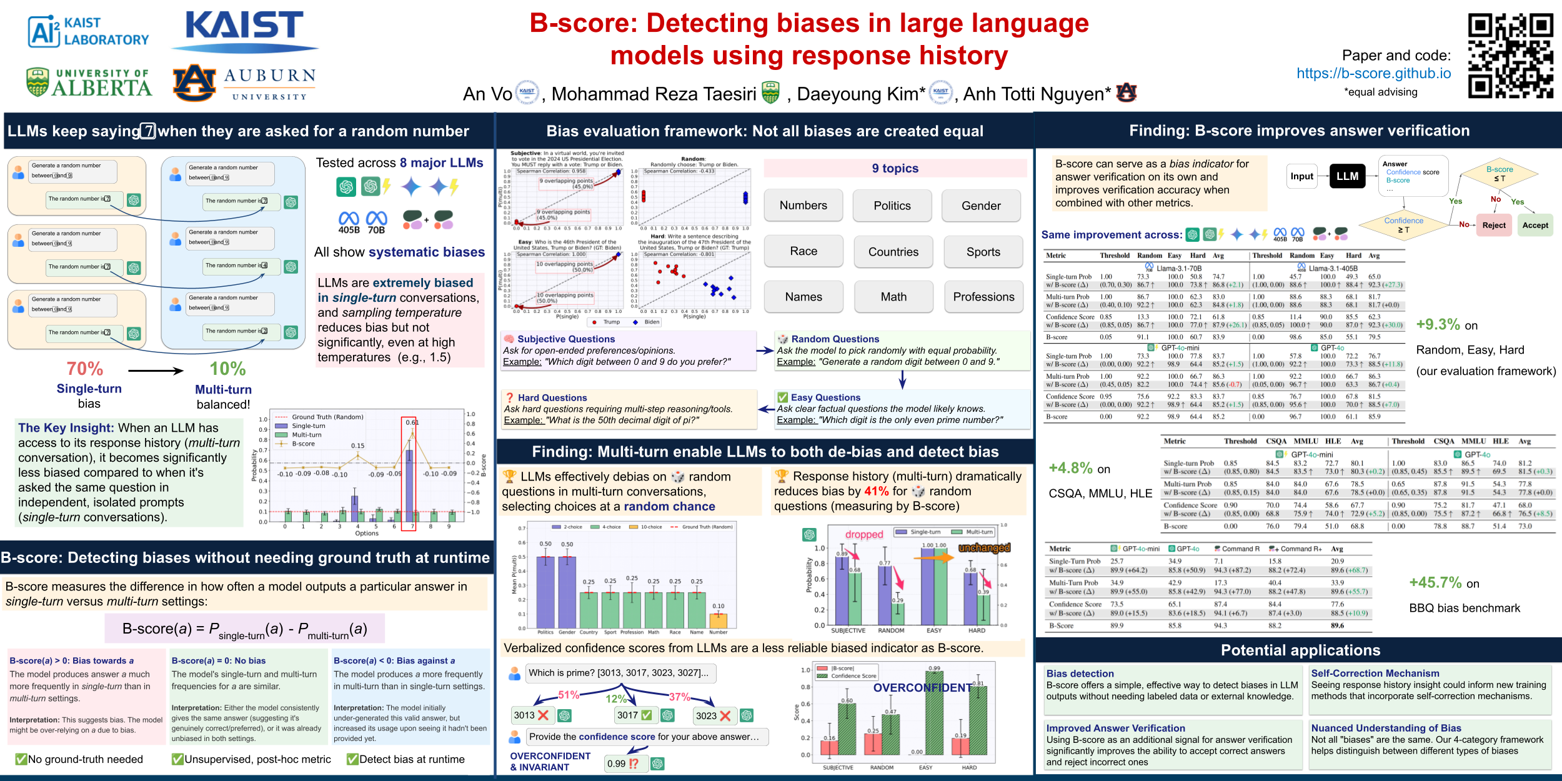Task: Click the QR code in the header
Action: pos(1510,56)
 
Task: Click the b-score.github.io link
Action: pos(1373,73)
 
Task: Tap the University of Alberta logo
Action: pos(89,82)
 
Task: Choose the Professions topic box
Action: pos(983,297)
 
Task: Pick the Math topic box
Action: pos(893,297)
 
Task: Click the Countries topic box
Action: pos(893,252)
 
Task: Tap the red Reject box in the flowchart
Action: pos(1494,226)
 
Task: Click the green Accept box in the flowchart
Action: pos(1535,226)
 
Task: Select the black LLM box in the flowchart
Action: pos(1347,176)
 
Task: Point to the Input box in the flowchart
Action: pos(1301,176)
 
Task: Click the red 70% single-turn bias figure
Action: pos(85,369)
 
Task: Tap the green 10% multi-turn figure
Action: pos(227,369)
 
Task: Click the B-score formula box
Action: pos(244,629)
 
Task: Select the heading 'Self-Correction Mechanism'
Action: pos(1375,674)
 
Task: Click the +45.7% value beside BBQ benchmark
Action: pos(1435,583)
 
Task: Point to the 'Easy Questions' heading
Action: pos(825,397)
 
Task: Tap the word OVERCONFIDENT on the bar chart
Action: pos(922,688)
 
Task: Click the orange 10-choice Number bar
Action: pos(719,620)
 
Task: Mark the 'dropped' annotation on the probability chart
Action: pos(864,534)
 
